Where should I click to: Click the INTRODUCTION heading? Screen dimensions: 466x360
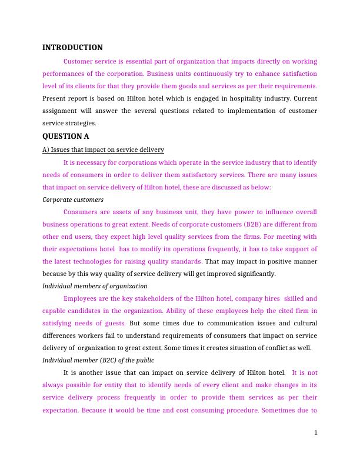tap(72, 48)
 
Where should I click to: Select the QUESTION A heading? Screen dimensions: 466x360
tap(66, 137)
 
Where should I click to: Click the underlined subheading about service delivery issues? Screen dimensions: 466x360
tap(103, 149)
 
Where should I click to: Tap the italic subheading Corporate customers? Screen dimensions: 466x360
tap(73, 199)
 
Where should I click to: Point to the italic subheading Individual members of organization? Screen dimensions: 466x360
tap(95, 286)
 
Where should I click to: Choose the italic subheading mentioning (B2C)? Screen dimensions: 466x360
tap(98, 360)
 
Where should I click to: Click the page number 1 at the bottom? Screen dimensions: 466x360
tap(316, 433)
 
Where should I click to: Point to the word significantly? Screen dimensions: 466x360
tap(254, 274)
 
